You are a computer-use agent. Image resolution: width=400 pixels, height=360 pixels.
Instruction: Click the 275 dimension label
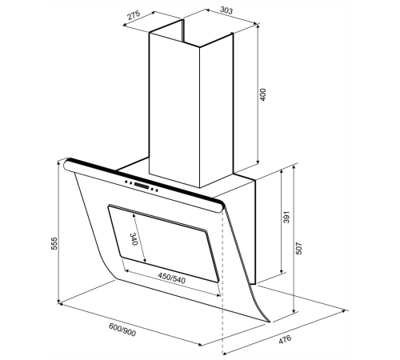(x=134, y=15)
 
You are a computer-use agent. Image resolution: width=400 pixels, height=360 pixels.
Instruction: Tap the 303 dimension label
(x=226, y=10)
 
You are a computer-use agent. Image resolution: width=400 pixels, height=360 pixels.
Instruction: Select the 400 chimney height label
(x=263, y=94)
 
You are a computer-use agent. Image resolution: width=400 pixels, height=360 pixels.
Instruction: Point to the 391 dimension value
(x=286, y=218)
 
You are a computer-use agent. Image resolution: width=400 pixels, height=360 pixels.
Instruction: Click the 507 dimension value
(x=299, y=248)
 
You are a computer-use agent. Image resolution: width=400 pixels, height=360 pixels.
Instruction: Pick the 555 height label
(x=54, y=243)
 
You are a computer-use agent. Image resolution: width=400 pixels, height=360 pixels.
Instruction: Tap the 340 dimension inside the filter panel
(x=134, y=239)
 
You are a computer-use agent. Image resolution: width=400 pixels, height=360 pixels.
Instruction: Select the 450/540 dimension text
(x=171, y=278)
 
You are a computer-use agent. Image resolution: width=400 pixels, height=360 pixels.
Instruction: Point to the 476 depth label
(x=285, y=339)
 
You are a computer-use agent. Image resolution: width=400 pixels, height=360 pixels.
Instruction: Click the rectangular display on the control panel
(x=142, y=186)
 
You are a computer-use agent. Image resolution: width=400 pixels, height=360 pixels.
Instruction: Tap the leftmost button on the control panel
(x=126, y=182)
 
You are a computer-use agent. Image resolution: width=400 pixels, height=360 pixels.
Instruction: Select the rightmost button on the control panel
(x=157, y=190)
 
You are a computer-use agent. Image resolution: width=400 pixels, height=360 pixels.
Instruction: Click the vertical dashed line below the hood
(x=222, y=283)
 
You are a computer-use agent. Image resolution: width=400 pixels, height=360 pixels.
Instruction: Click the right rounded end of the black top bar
(x=221, y=206)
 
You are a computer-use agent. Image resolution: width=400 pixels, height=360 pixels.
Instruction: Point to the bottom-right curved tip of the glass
(x=269, y=322)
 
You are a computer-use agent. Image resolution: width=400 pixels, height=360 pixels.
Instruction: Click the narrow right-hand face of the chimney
(x=216, y=110)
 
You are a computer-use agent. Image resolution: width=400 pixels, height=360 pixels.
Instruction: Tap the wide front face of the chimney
(x=174, y=110)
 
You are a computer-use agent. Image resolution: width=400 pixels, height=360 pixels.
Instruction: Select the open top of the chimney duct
(x=191, y=34)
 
